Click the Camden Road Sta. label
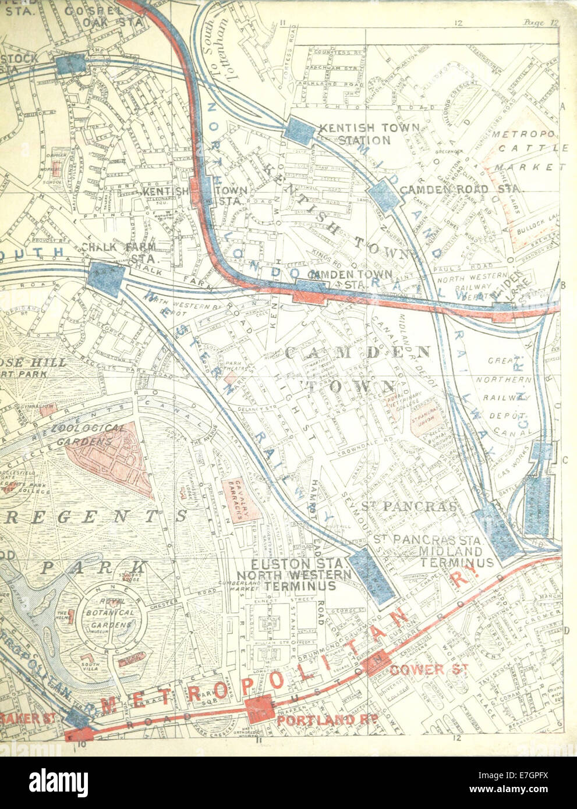click(462, 190)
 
